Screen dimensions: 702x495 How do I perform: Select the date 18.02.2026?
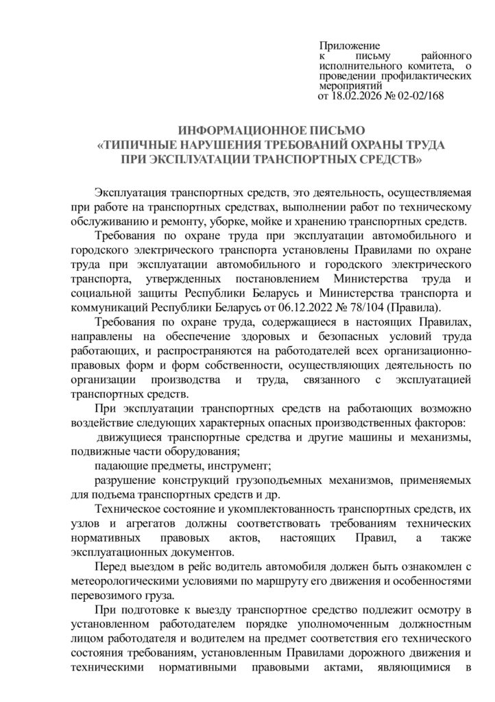(361, 97)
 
